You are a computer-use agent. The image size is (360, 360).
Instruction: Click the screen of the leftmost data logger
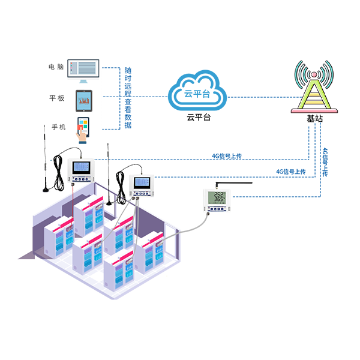[x=81, y=167]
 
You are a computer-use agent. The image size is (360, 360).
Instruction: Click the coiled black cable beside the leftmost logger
[x=58, y=174]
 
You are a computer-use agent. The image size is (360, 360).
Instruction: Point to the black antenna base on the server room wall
[x=109, y=203]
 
